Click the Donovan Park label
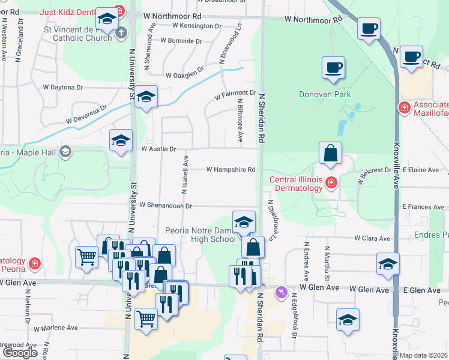(x=325, y=94)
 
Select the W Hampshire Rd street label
(x=231, y=170)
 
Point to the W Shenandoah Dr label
(x=165, y=205)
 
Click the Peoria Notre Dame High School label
(x=200, y=235)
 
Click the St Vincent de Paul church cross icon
(x=121, y=32)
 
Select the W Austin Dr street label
(x=158, y=149)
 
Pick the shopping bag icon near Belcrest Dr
(x=330, y=154)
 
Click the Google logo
(x=20, y=353)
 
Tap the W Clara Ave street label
(x=372, y=238)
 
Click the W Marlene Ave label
(x=56, y=328)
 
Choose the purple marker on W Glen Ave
(x=280, y=292)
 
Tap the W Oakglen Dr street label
(x=190, y=74)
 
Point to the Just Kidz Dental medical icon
(x=119, y=10)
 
